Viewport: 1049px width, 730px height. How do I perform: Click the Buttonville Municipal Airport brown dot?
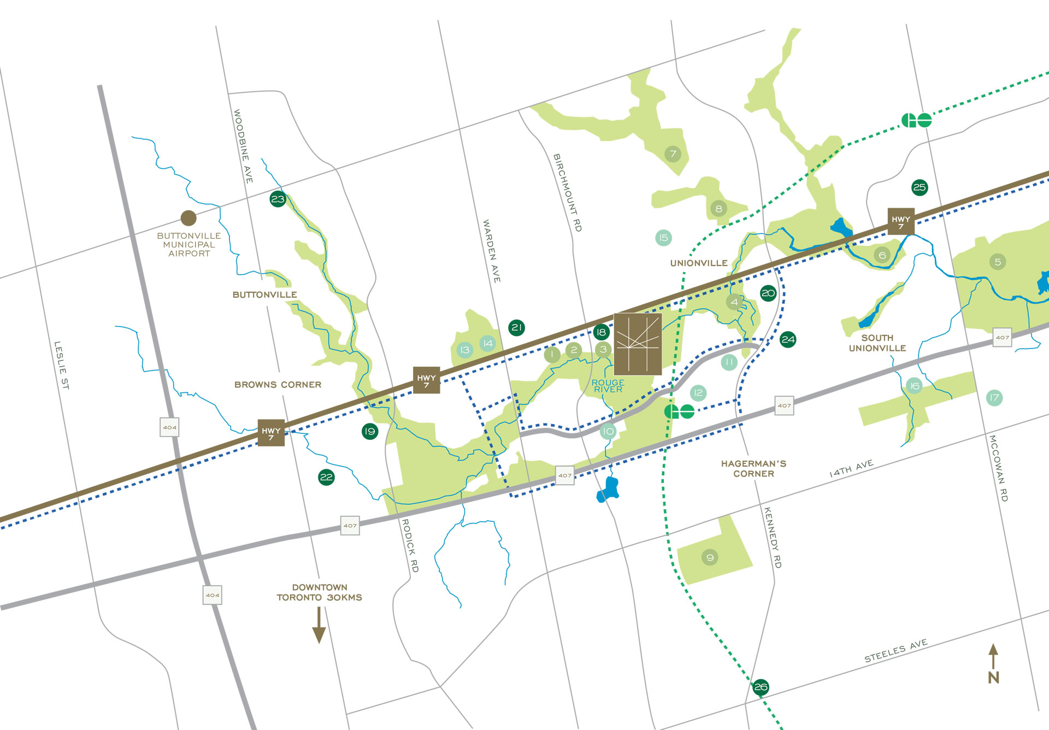tap(188, 218)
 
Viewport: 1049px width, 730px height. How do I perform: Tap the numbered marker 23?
tap(278, 199)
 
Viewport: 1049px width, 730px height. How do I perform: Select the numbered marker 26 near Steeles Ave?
tap(761, 687)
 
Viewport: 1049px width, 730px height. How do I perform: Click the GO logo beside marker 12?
tap(679, 411)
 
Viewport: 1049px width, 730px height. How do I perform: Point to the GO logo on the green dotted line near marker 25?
tap(916, 120)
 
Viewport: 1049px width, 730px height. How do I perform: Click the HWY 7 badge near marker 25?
tap(901, 221)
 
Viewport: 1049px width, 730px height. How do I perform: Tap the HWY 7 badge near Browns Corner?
tap(271, 433)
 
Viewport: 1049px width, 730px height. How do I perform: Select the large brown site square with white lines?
tap(638, 344)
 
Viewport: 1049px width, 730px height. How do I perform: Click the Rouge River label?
tap(608, 386)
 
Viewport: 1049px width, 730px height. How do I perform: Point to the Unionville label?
tap(698, 263)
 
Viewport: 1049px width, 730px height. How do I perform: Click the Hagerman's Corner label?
tap(753, 468)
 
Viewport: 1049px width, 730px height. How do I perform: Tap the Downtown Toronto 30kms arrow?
tap(319, 626)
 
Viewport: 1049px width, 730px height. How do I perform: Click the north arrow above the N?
tap(993, 656)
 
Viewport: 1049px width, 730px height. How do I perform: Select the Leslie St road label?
tap(61, 365)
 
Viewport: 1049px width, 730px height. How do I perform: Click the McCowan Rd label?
tap(998, 468)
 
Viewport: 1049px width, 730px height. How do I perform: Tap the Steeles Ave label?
tap(895, 651)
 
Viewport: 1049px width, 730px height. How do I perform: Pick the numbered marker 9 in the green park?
tap(710, 557)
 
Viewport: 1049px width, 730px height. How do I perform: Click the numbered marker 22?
tap(326, 477)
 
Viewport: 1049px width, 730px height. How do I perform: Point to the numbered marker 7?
tap(673, 154)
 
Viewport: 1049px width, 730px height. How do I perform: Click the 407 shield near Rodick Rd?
tap(350, 526)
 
